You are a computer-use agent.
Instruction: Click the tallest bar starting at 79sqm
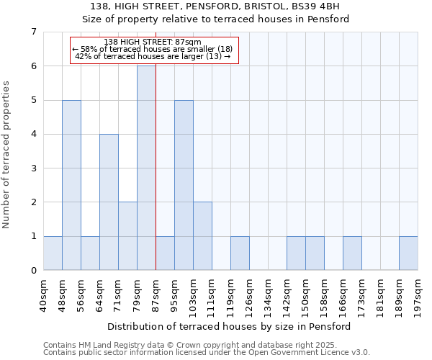point(146,168)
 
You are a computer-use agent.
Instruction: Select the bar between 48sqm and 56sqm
point(71,185)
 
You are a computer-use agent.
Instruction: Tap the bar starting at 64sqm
point(109,202)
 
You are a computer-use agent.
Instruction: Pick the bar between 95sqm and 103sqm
point(184,185)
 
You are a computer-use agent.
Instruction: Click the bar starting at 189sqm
point(408,253)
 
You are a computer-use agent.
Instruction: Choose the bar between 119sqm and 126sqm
point(240,253)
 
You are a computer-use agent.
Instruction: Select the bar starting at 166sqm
point(352,253)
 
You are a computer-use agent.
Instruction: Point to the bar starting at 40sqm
point(53,253)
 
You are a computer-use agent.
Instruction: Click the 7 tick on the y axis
point(33,32)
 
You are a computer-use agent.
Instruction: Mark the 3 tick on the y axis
point(33,168)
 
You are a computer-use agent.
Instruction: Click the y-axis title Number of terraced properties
point(7,154)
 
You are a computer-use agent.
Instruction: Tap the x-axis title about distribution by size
point(230,326)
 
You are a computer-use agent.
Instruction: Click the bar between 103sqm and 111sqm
point(202,236)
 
